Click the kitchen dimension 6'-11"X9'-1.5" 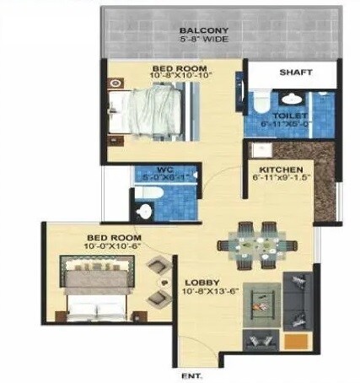point(278,179)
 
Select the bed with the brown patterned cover point(94,287)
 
